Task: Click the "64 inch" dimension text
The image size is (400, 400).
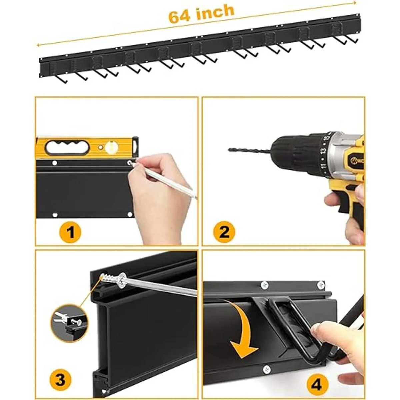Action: point(201,14)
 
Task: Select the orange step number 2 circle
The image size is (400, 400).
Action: point(224,232)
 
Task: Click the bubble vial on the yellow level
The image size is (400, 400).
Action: point(111,147)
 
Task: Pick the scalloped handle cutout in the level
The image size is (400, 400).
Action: point(69,148)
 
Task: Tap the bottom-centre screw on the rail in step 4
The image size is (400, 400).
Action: point(266,369)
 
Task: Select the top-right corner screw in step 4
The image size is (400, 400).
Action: point(321,285)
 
